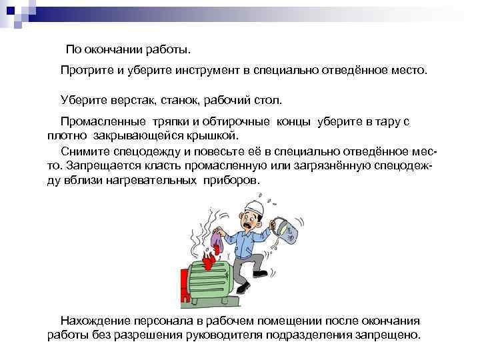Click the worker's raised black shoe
(242, 288)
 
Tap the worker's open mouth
(253, 225)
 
